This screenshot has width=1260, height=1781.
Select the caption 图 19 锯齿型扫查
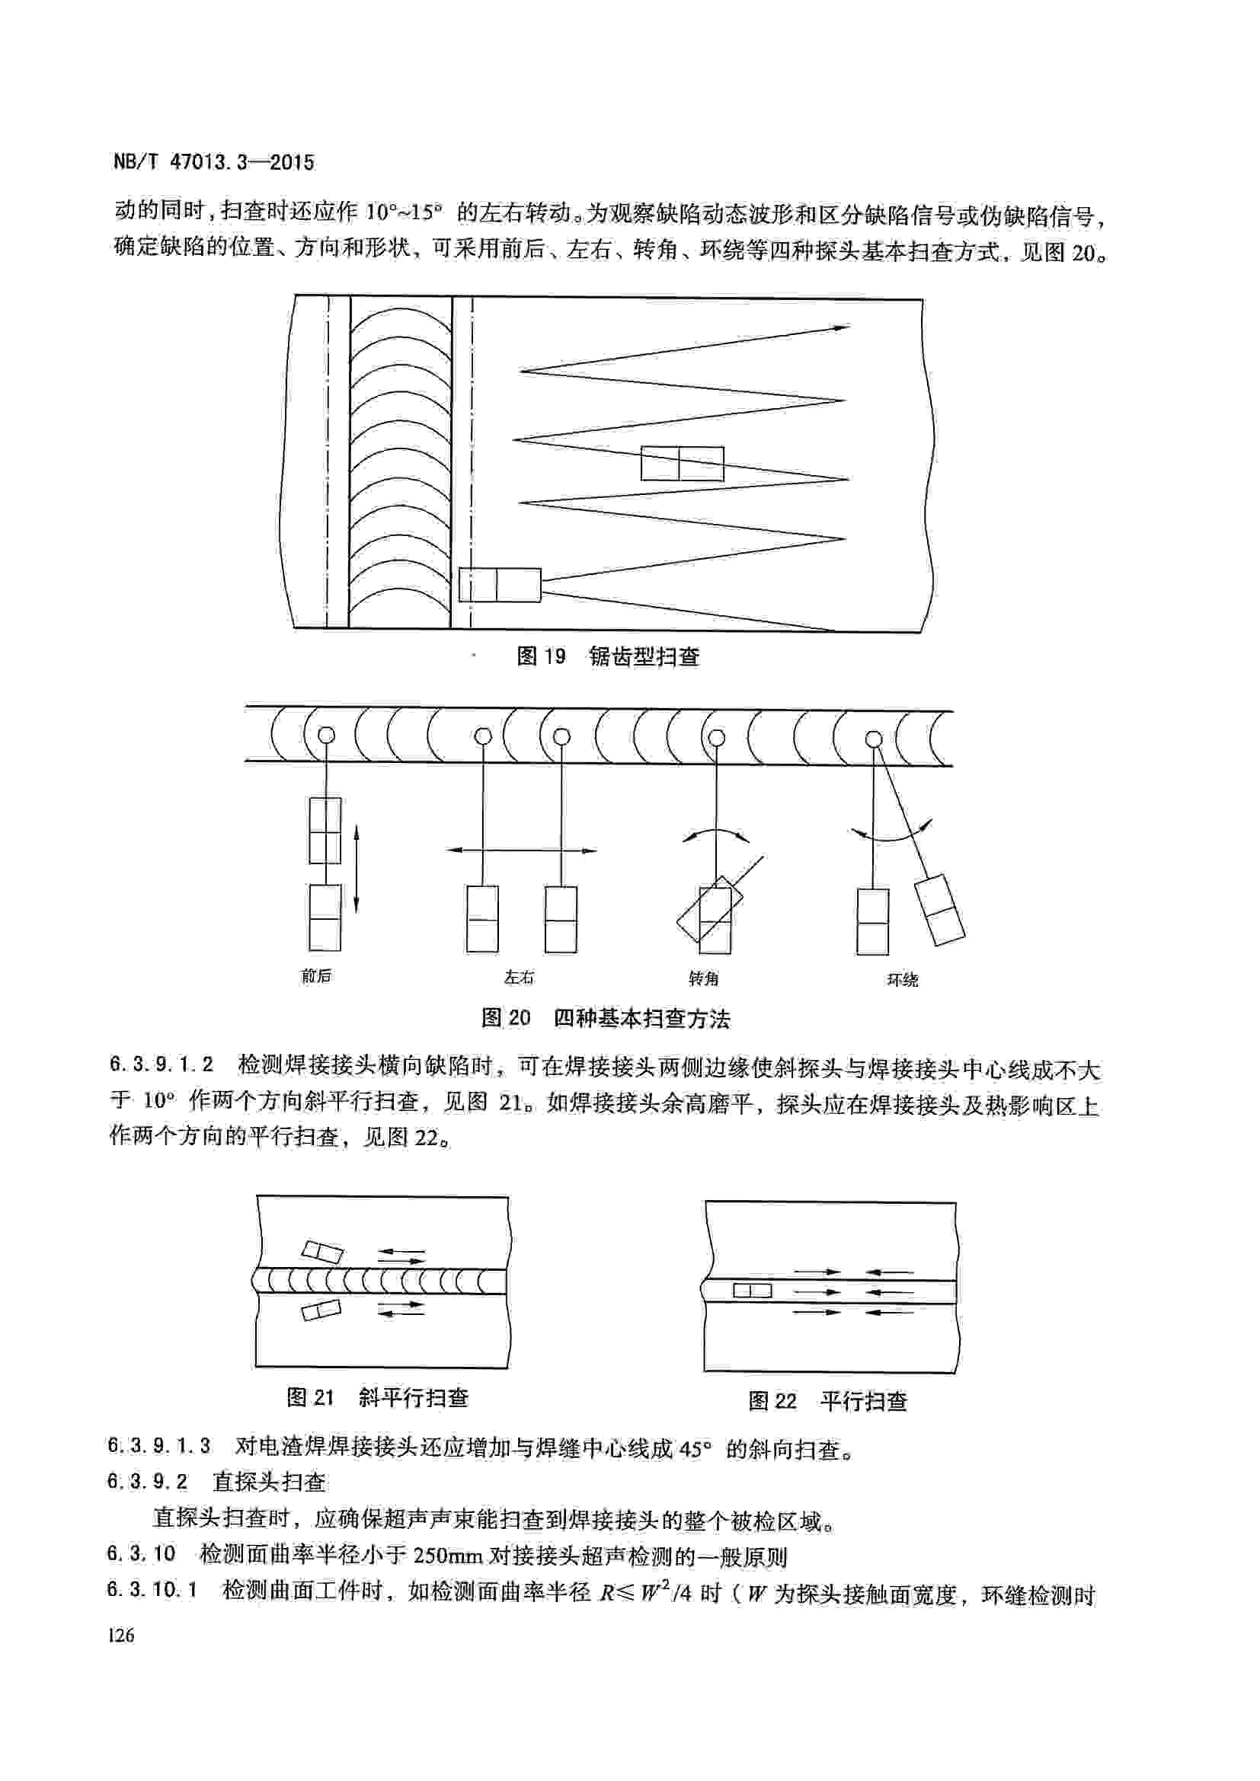[x=607, y=657]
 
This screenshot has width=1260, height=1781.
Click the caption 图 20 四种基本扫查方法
[x=605, y=1018]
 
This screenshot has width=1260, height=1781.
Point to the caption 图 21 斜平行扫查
[x=377, y=1397]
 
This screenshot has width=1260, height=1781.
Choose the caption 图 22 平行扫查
[x=827, y=1401]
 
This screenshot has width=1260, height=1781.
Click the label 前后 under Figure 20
[x=316, y=976]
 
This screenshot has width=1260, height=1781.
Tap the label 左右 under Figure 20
[x=519, y=978]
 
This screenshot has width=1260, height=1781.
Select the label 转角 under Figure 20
[x=704, y=978]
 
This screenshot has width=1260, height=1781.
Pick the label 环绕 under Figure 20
[x=902, y=980]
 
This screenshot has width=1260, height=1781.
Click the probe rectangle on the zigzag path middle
[x=682, y=464]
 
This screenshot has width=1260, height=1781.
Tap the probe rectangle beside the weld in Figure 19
[x=500, y=585]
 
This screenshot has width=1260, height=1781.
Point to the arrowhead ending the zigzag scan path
[x=843, y=328]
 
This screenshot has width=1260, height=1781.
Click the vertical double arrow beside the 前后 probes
[x=356, y=869]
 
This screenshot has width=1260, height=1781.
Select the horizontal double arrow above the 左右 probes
[x=520, y=851]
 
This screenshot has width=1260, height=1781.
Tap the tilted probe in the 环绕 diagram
[x=939, y=910]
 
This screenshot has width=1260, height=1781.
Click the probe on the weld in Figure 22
[x=752, y=1290]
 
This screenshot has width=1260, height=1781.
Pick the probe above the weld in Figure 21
[x=322, y=1251]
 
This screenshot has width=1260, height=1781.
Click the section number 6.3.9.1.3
[x=159, y=1445]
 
